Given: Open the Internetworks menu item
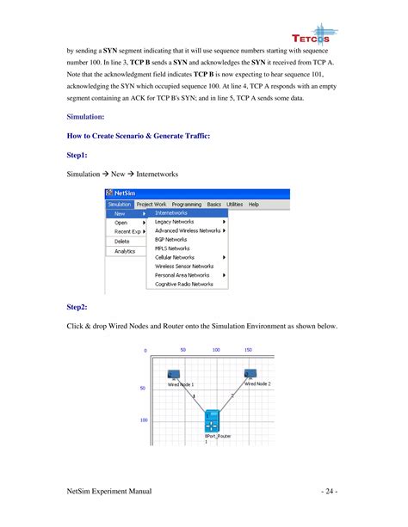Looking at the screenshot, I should pyautogui.click(x=171, y=212).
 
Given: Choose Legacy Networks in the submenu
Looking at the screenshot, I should pyautogui.click(x=174, y=222).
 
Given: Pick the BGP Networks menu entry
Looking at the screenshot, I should pyautogui.click(x=171, y=239).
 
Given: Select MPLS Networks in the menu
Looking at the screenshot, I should pyautogui.click(x=173, y=248).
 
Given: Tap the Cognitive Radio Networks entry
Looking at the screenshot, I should pyautogui.click(x=184, y=284).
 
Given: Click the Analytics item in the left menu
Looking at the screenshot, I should pyautogui.click(x=126, y=251).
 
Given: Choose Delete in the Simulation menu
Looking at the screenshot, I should pyautogui.click(x=121, y=241).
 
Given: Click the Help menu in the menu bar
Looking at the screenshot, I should pyautogui.click(x=254, y=204).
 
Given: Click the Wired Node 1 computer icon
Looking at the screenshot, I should pyautogui.click(x=172, y=375).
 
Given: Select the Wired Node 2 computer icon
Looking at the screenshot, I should pyautogui.click(x=250, y=374).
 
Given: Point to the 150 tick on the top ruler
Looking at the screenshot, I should pyautogui.click(x=248, y=350).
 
